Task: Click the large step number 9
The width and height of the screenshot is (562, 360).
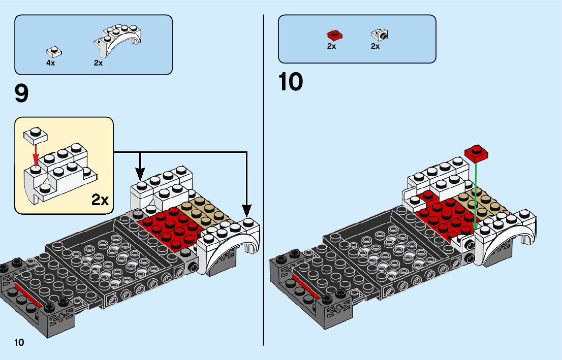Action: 22,93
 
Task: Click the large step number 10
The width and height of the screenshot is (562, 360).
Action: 290,82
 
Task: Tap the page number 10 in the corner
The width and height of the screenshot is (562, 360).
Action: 19,342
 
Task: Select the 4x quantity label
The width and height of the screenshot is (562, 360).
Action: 51,63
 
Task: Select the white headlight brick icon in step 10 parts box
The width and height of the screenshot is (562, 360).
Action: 379,35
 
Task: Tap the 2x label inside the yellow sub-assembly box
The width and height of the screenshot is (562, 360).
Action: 100,200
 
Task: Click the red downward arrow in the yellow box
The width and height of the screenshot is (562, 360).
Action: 35,153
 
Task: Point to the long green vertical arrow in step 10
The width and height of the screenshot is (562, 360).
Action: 476,193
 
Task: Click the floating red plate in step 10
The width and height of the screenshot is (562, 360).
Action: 476,151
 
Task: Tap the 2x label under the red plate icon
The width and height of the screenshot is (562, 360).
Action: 331,46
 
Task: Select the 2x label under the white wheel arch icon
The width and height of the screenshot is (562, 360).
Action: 98,63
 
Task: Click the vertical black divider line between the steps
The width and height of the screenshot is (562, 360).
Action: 264,178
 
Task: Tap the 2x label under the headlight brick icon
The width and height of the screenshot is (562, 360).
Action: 375,46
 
